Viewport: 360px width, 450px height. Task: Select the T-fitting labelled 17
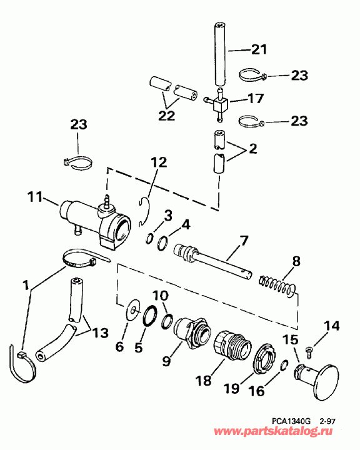(218, 102)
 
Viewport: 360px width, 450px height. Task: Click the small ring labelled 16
(283, 365)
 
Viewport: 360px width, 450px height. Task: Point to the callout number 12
(159, 162)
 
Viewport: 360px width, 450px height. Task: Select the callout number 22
(166, 117)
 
